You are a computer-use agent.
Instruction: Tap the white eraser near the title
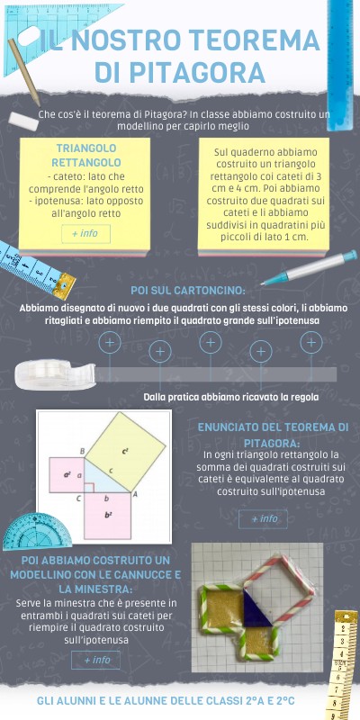tap(23, 120)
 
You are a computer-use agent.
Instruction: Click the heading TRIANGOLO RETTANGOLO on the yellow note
tap(86, 155)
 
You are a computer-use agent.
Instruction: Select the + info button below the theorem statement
tap(263, 519)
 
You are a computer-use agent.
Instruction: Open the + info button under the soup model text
tap(95, 660)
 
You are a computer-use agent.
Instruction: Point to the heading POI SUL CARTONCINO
tap(188, 291)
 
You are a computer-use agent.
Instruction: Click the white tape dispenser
tap(54, 374)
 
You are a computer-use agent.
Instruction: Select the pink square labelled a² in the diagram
tap(67, 475)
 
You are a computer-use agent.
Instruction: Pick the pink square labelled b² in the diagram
tap(108, 516)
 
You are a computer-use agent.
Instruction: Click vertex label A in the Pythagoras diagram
tap(135, 494)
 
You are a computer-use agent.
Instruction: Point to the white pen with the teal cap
tap(309, 267)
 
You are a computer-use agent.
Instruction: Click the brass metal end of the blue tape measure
tap(64, 285)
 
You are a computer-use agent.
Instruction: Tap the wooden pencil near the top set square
tap(24, 73)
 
